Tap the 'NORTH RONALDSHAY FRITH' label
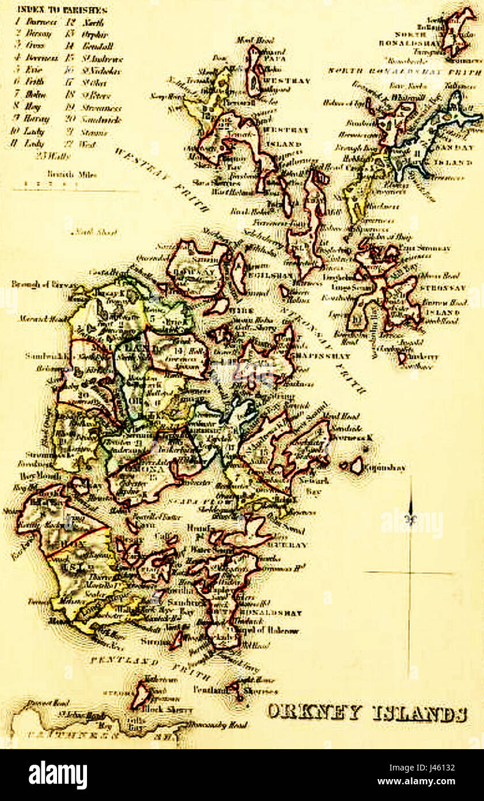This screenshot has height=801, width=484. coord(404,71)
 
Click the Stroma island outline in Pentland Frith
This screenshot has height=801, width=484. coord(141,695)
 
